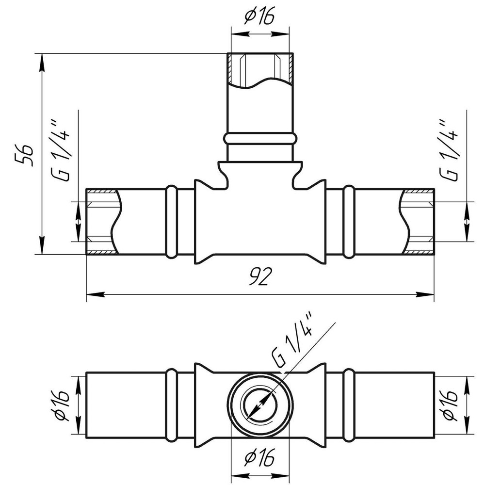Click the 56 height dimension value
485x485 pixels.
(x=25, y=155)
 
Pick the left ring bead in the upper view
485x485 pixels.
(x=171, y=222)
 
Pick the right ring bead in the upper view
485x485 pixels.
(x=349, y=222)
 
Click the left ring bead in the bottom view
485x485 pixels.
(x=171, y=405)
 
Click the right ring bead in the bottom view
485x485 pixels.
(x=349, y=405)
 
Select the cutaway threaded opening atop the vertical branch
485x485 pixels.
(x=260, y=69)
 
